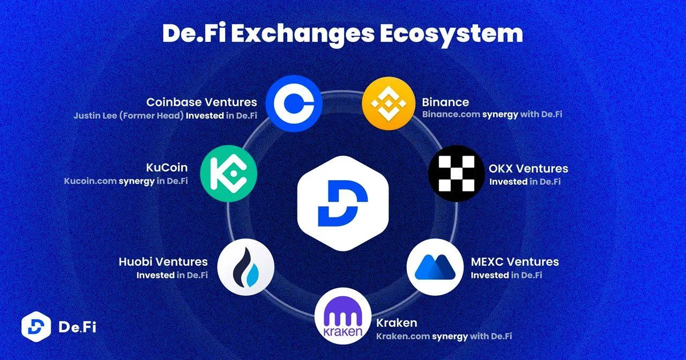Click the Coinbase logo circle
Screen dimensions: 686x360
tap(294, 103)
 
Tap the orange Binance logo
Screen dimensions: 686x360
tap(389, 103)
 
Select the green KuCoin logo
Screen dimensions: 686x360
tap(228, 174)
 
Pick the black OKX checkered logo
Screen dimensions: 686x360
tap(456, 174)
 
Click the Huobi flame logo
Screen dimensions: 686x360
tap(245, 267)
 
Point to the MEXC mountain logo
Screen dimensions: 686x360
tap(435, 267)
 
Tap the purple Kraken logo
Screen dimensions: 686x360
tap(343, 316)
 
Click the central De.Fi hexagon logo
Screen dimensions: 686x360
tap(343, 204)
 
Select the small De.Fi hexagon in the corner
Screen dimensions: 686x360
tap(36, 327)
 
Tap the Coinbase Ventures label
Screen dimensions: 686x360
tap(202, 102)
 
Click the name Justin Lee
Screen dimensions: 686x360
tap(95, 116)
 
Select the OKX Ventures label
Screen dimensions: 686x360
tap(528, 169)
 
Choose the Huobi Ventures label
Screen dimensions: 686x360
tap(163, 262)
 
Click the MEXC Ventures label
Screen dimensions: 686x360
tap(515, 262)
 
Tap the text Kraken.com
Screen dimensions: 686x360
tap(402, 336)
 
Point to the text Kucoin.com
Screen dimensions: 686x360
tap(91, 181)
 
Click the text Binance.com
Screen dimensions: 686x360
tap(451, 114)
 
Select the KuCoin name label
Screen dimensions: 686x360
tap(167, 168)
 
